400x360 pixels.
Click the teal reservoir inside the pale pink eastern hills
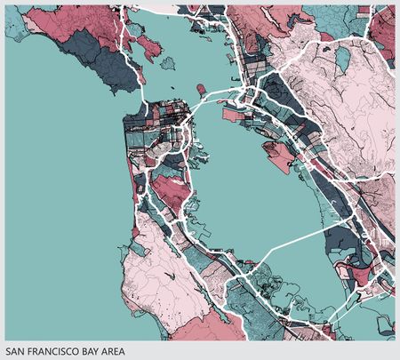341,55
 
